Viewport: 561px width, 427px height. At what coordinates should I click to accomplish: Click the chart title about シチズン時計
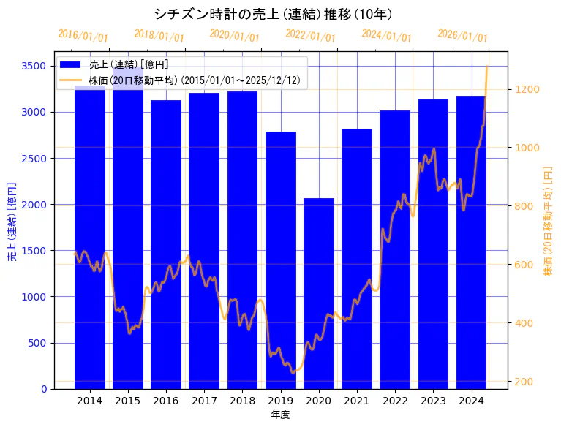[x=273, y=14]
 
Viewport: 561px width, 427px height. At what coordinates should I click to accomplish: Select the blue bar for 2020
[x=319, y=292]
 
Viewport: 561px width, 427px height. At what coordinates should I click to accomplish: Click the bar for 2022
[x=395, y=249]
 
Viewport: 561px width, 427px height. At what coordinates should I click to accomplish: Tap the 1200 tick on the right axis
[x=528, y=89]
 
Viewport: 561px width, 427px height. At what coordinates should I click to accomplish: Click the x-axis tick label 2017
[x=204, y=401]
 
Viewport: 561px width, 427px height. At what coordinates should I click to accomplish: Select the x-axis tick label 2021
[x=357, y=401]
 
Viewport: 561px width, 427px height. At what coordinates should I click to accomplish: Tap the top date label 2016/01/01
[x=83, y=36]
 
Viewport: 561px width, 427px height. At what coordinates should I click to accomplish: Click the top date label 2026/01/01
[x=462, y=36]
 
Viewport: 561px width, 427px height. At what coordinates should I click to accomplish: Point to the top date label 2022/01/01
[x=310, y=36]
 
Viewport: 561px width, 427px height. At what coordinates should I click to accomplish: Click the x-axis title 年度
[x=280, y=415]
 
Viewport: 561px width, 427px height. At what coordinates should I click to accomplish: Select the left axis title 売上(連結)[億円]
[x=12, y=221]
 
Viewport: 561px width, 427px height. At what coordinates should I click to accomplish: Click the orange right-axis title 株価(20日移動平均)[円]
[x=548, y=221]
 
